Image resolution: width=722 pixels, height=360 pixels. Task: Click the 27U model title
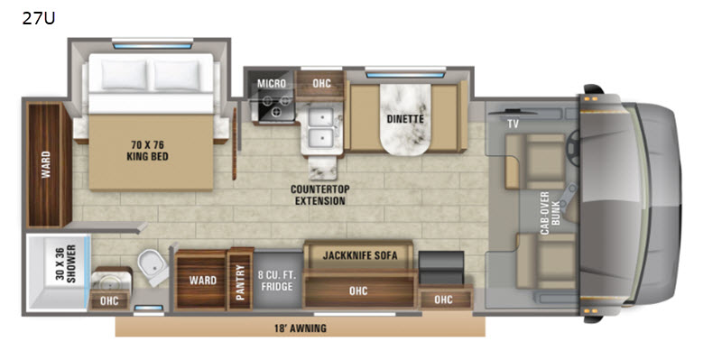coord(39,18)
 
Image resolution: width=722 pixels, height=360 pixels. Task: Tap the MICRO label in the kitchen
coord(272,84)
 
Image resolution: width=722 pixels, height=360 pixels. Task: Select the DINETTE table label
coord(405,119)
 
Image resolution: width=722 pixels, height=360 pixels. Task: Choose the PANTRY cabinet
coord(240,280)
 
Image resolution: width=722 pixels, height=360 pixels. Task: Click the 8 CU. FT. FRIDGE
coord(279,281)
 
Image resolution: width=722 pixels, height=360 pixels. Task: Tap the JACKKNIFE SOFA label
coord(360,255)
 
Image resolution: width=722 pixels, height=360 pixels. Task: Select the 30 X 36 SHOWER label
coord(67,264)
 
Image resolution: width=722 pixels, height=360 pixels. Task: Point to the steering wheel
coord(573,147)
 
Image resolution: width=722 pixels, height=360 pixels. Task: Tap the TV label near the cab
coord(514,124)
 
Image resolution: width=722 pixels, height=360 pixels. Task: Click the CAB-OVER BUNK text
coord(551,213)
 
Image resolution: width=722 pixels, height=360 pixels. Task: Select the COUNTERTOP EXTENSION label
coord(320,195)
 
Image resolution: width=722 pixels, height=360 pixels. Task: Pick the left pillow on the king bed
coord(125,75)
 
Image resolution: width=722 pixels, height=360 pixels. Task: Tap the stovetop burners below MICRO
coord(276,105)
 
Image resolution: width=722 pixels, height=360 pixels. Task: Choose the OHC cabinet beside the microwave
coord(321,84)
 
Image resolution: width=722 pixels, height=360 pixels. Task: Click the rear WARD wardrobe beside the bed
coord(46,165)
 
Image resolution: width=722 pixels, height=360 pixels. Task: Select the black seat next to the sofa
coord(441,268)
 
